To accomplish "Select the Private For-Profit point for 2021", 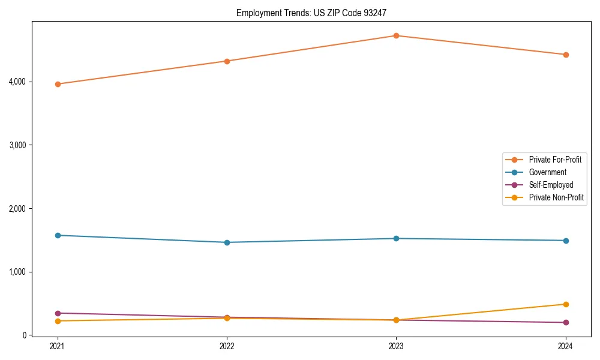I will pos(58,84).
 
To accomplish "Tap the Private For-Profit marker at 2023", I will pos(396,35).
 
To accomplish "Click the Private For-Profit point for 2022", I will pos(227,61).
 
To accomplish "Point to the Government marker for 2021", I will pos(58,235).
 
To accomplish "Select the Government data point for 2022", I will pos(227,242).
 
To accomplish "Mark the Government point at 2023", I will pos(396,238).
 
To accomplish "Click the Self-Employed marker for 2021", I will pos(58,313).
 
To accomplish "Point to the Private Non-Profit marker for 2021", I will pos(58,321).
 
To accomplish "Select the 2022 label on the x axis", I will pos(227,346).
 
